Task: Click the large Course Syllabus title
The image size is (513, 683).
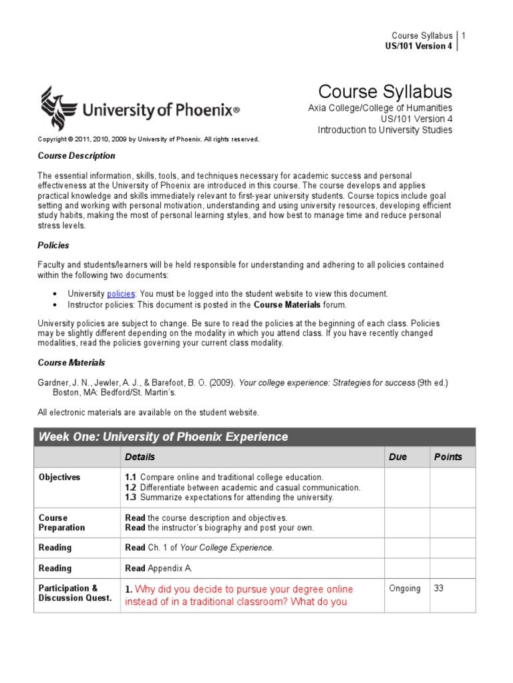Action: pyautogui.click(x=385, y=91)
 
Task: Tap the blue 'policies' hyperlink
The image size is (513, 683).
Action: pyautogui.click(x=121, y=293)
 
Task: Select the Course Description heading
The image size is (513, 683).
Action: pyautogui.click(x=76, y=155)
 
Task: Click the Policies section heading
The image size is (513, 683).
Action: pyautogui.click(x=53, y=245)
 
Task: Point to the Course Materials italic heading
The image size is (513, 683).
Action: pyautogui.click(x=71, y=363)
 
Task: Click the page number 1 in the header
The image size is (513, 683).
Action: pyautogui.click(x=464, y=35)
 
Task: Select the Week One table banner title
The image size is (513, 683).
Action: pyautogui.click(x=164, y=437)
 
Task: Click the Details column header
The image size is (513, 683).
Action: pyautogui.click(x=140, y=457)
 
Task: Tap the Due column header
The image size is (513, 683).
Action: pyautogui.click(x=397, y=457)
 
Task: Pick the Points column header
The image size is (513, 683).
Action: pyautogui.click(x=448, y=457)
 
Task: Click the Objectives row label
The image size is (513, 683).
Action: pyautogui.click(x=59, y=478)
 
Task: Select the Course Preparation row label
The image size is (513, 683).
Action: pyautogui.click(x=62, y=522)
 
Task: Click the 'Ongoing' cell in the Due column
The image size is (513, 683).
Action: pyautogui.click(x=405, y=588)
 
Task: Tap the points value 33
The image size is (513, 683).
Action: pyautogui.click(x=440, y=588)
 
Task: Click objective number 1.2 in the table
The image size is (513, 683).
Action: pyautogui.click(x=131, y=488)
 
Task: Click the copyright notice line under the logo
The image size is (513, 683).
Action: pyautogui.click(x=148, y=139)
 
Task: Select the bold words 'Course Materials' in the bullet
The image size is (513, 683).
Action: pyautogui.click(x=287, y=305)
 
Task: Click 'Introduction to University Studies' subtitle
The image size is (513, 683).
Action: pyautogui.click(x=385, y=130)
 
